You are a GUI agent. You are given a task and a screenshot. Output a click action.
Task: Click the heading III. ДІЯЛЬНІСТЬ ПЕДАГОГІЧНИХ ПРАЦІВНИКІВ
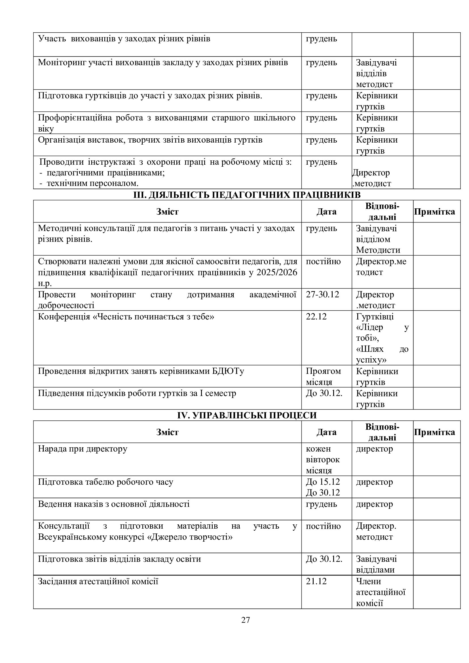pyautogui.click(x=247, y=195)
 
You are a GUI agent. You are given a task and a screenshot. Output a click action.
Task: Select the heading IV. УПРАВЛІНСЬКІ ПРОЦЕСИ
pyautogui.click(x=247, y=415)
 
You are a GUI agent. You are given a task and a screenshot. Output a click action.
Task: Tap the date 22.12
pyautogui.click(x=316, y=317)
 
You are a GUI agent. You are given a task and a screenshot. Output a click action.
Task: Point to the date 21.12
pyautogui.click(x=316, y=581)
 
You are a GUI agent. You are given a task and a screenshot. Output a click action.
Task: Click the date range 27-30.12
pyautogui.click(x=322, y=295)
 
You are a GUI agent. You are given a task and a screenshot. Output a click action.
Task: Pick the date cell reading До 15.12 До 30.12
pyautogui.click(x=323, y=487)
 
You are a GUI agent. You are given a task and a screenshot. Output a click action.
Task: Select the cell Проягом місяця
pyautogui.click(x=323, y=376)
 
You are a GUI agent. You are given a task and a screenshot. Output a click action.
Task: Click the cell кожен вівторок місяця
pyautogui.click(x=323, y=459)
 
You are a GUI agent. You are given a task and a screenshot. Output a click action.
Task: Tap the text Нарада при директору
pyautogui.click(x=83, y=449)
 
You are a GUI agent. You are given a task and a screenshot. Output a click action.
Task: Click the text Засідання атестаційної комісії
pyautogui.click(x=98, y=581)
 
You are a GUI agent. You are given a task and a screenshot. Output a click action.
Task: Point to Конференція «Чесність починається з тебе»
pyautogui.click(x=126, y=317)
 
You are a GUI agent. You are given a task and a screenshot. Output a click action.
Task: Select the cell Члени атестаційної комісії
pyautogui.click(x=381, y=592)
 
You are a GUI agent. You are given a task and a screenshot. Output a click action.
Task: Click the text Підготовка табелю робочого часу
pyautogui.click(x=105, y=482)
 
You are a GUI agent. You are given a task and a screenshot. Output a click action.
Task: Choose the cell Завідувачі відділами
pyautogui.click(x=376, y=565)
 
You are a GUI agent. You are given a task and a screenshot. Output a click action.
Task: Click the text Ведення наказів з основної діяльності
pyautogui.click(x=114, y=504)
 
